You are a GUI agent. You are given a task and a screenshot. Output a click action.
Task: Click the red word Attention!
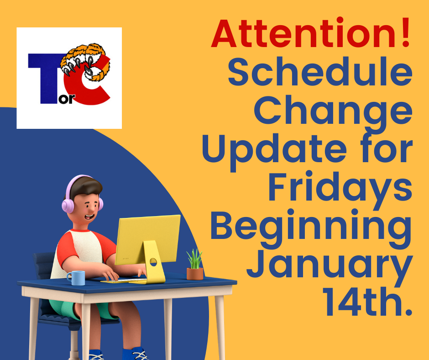click(311, 33)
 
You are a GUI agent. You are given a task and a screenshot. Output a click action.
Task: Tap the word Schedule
click(320, 72)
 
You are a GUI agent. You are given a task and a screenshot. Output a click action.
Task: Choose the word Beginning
click(311, 229)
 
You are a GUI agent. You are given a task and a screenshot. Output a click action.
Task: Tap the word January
click(330, 267)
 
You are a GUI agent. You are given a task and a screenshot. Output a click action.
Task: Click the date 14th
click(367, 302)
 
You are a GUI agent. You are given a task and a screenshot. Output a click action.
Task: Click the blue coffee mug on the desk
click(76, 278)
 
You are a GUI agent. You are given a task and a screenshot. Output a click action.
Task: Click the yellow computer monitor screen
click(148, 239)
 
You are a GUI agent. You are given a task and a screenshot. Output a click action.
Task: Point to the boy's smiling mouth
click(90, 217)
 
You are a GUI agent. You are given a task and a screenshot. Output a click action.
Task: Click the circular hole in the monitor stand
click(153, 262)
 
